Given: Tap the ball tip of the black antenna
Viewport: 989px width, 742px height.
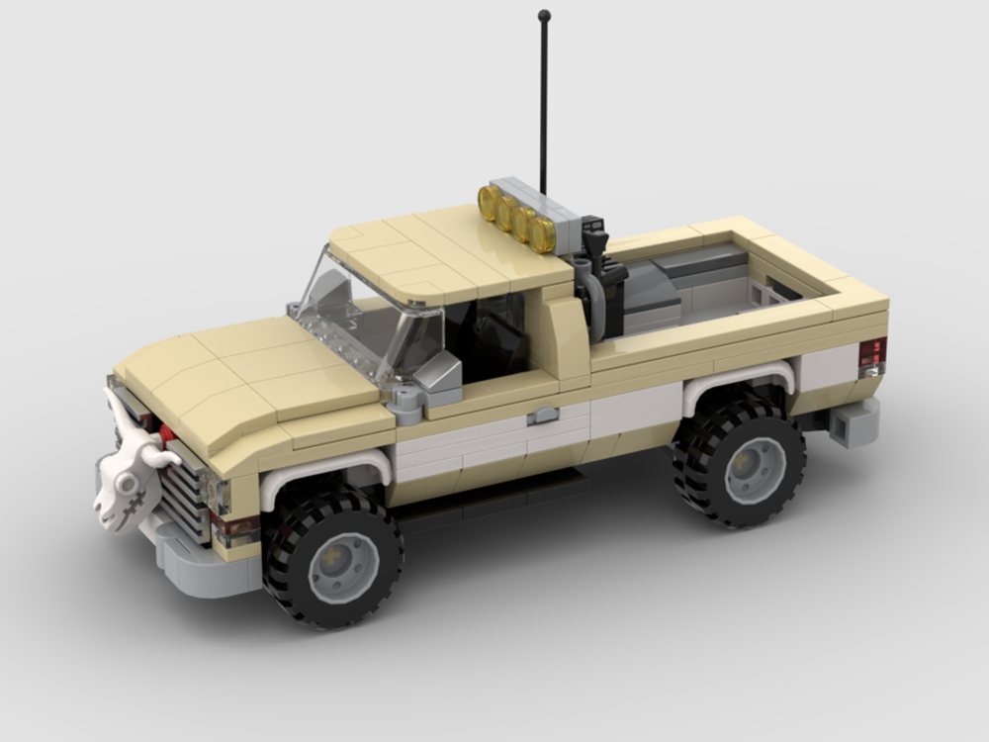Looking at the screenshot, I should [x=544, y=16].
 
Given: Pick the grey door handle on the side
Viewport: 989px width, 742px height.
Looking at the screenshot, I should [x=543, y=416].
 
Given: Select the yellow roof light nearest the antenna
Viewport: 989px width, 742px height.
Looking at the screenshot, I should [x=542, y=235].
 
